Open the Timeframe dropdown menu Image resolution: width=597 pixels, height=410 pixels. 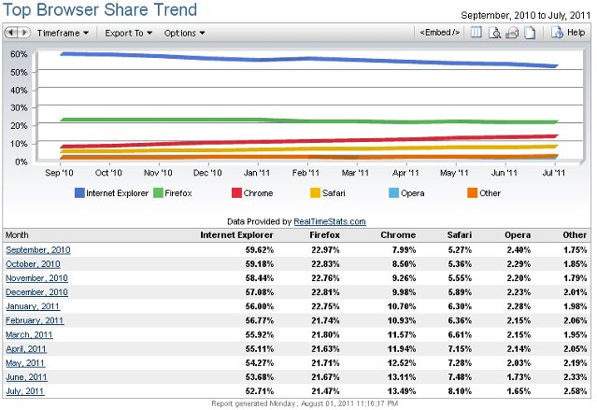pos(63,33)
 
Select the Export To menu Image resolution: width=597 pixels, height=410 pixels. pos(129,33)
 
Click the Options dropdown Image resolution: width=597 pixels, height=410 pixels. pos(184,33)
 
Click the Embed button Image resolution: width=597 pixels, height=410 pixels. pos(440,33)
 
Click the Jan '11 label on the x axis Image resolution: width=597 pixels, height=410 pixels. pos(257,173)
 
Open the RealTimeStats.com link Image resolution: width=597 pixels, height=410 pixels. pos(329,221)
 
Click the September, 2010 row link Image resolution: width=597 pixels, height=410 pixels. pos(38,249)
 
